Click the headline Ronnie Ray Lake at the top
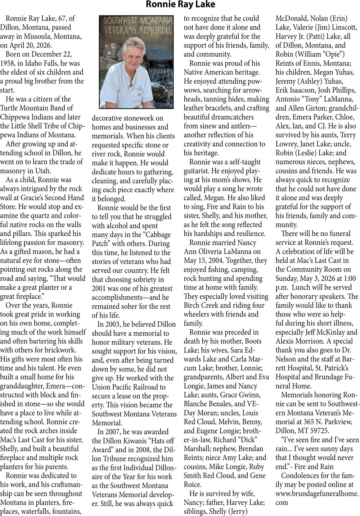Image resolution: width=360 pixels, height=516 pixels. tap(180, 5)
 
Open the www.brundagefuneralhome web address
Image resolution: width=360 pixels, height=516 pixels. tap(317, 493)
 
